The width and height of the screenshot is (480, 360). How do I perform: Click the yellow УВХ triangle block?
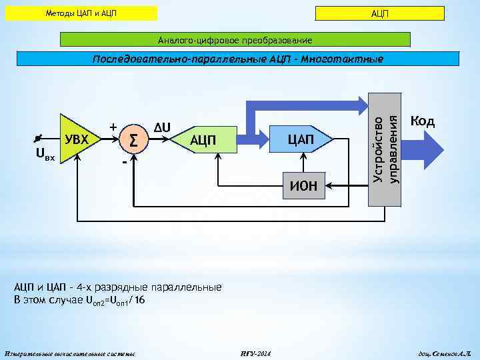point(78,139)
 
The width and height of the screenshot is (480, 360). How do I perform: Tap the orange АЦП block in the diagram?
point(203,139)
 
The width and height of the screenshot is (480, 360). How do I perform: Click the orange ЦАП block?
point(300,139)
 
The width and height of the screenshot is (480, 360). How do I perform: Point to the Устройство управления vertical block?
point(385,148)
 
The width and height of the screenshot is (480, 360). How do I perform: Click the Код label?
point(423,121)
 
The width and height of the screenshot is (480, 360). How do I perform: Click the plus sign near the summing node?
point(113,127)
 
